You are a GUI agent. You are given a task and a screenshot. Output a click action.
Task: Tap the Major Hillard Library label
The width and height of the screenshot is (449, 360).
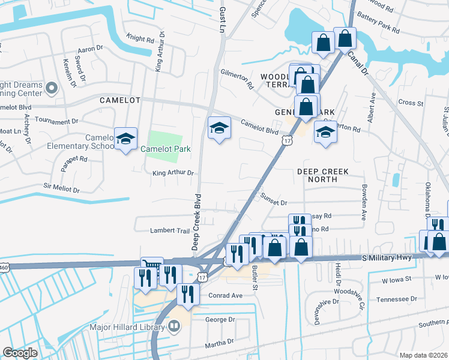pos(127,327)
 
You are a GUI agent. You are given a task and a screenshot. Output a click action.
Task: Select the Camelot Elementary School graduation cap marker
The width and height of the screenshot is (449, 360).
pos(125,140)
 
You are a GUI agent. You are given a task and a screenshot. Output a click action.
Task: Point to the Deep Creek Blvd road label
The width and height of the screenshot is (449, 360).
pos(195,222)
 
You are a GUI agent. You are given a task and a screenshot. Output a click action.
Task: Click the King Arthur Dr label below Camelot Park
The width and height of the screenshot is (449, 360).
pos(174,173)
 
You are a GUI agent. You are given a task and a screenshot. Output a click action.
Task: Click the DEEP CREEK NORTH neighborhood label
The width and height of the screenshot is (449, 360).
pos(322,175)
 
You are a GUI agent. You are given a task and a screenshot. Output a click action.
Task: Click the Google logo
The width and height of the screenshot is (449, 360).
pos(20,353)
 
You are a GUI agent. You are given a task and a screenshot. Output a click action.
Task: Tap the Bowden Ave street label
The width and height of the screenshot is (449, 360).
pos(364,202)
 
